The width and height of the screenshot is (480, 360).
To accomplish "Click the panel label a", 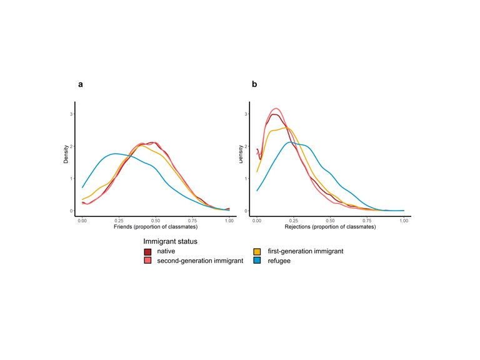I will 81,84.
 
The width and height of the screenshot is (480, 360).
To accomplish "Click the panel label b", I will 254,84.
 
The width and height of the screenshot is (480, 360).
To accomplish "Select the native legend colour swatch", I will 147,252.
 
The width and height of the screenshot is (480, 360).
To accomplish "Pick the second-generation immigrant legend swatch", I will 147,261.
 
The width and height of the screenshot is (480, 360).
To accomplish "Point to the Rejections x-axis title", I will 331,226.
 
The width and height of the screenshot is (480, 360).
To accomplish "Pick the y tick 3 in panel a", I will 72,114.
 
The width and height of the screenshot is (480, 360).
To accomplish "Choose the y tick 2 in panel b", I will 246,147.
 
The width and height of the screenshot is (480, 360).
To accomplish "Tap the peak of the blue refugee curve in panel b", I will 290,142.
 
